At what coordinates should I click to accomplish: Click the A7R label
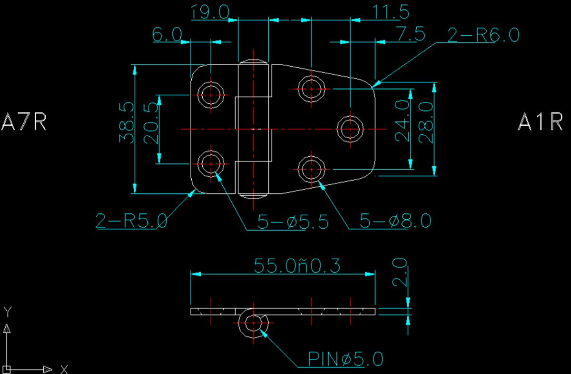pos(24,122)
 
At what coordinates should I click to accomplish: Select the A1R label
pos(541,122)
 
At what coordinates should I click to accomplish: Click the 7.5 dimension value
pos(410,34)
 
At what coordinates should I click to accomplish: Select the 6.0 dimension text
pos(167,34)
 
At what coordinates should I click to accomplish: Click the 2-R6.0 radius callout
pos(483,35)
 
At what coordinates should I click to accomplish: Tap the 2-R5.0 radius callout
pos(131,221)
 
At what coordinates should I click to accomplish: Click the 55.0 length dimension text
pos(297,266)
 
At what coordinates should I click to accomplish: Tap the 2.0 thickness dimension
pos(400,273)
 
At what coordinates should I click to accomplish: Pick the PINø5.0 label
pos(345,359)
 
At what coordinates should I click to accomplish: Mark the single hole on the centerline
pos(351,129)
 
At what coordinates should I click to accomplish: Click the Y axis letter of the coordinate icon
pos(7,312)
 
